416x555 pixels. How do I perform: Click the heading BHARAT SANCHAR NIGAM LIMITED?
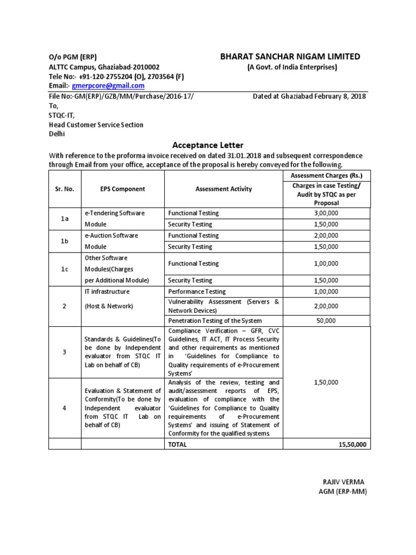tap(289, 57)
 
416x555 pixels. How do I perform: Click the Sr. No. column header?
tap(64, 189)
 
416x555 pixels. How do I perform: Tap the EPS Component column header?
tap(122, 189)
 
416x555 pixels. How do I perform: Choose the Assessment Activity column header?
tap(224, 189)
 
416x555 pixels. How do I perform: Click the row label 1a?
tap(64, 218)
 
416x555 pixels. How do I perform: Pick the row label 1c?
tap(64, 269)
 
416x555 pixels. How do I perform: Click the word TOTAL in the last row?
tap(177, 444)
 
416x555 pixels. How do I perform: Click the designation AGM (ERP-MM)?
tap(343, 492)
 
